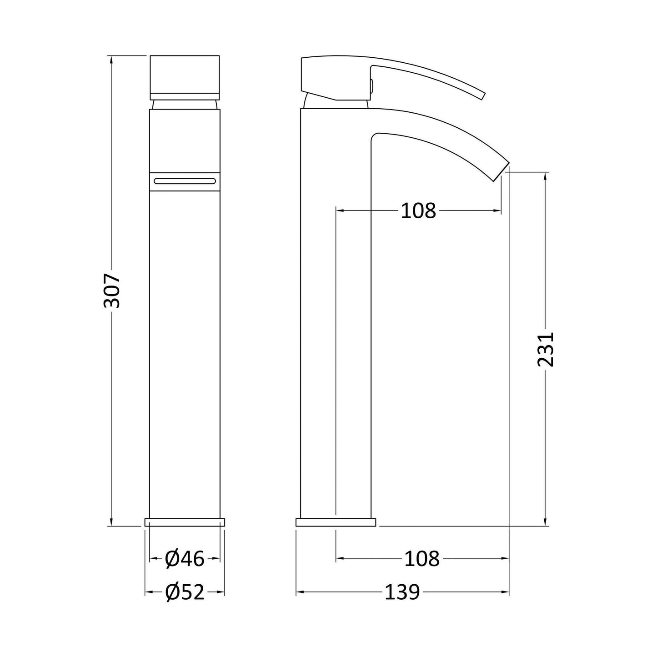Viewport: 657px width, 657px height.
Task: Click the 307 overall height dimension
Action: [x=112, y=290]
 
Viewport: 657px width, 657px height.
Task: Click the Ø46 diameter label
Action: [x=185, y=559]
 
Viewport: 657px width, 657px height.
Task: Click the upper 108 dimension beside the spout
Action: [x=418, y=211]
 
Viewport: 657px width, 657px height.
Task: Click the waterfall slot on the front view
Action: [x=185, y=181]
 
